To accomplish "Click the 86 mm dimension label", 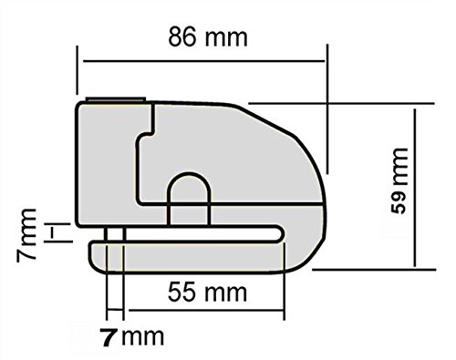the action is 208,37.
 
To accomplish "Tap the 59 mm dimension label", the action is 399,181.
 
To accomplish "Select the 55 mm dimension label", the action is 207,292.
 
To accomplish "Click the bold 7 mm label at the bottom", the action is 132,337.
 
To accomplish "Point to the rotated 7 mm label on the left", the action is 26,235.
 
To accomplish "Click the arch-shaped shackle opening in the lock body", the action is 189,199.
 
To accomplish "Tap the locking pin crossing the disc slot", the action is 115,234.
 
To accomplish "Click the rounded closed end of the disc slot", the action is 280,234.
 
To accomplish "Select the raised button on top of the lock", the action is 116,99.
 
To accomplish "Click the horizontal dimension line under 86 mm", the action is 204,61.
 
